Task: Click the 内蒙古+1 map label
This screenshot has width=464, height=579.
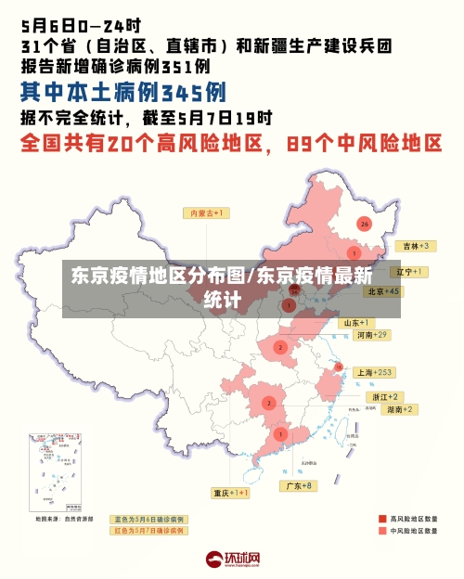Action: pyautogui.click(x=209, y=212)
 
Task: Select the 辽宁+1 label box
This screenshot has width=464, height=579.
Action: pyautogui.click(x=409, y=272)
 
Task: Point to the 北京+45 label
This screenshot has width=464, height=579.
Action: pyautogui.click(x=382, y=291)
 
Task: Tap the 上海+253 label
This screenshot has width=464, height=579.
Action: pyautogui.click(x=374, y=372)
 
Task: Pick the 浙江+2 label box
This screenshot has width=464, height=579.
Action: pyautogui.click(x=386, y=396)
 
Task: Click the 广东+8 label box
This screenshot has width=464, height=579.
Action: pyautogui.click(x=298, y=485)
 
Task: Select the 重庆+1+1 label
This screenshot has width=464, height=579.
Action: pyautogui.click(x=230, y=493)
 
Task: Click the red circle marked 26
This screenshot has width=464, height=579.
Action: pyautogui.click(x=365, y=224)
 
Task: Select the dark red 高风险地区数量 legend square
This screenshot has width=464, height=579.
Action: pyautogui.click(x=381, y=519)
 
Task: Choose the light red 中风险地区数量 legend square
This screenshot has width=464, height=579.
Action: pyautogui.click(x=381, y=532)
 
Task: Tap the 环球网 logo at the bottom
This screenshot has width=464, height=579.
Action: pyautogui.click(x=233, y=560)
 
